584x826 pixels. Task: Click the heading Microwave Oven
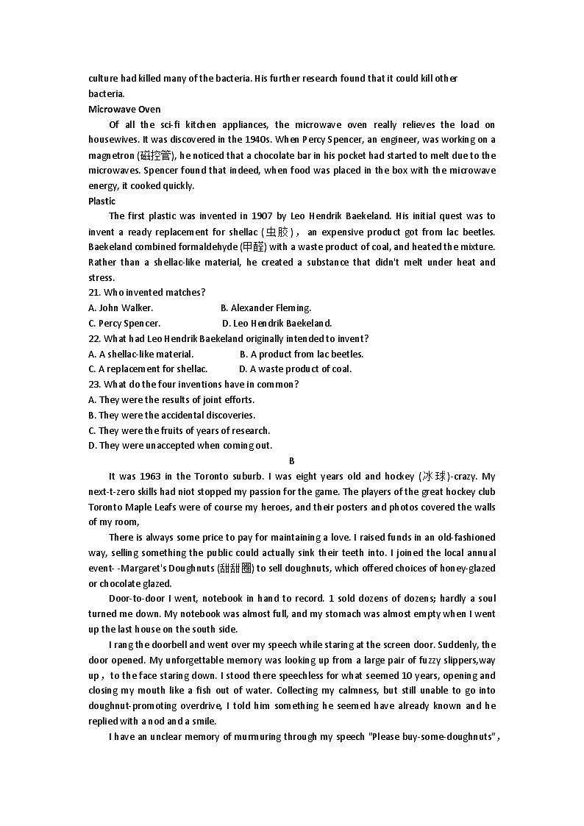point(124,109)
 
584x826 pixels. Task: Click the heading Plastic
point(102,201)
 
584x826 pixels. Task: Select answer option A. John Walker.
point(121,307)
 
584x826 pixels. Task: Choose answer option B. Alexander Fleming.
point(266,307)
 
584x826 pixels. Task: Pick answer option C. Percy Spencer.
point(124,323)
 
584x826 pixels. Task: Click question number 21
point(95,293)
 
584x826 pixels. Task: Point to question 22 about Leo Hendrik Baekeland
point(228,338)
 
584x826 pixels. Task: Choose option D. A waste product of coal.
point(295,369)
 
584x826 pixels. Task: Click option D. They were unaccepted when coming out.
point(180,446)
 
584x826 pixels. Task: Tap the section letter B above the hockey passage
point(292,461)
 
